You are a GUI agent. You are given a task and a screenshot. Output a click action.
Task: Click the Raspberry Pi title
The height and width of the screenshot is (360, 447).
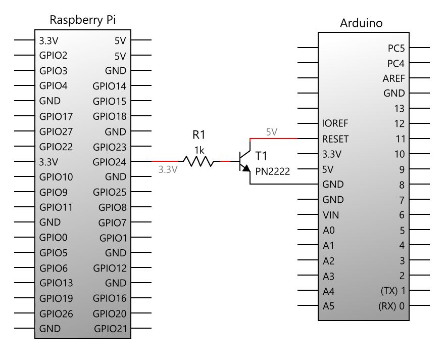(x=83, y=20)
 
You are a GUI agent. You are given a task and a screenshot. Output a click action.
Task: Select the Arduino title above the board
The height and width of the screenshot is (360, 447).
(x=361, y=23)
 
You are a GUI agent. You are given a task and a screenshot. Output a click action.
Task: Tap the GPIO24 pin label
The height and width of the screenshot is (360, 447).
(x=110, y=162)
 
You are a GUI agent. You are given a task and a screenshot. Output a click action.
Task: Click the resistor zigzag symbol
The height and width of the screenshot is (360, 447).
(x=198, y=162)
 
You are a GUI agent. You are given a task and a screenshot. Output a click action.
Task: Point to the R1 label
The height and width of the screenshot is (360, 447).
(x=199, y=135)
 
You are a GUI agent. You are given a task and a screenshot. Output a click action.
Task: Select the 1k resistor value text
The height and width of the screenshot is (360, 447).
(x=200, y=150)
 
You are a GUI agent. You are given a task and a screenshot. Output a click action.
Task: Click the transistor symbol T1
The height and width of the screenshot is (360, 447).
(x=245, y=162)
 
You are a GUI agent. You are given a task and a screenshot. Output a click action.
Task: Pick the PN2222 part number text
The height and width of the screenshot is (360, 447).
(x=272, y=171)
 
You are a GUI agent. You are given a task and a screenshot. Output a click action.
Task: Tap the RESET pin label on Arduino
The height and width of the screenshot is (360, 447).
(x=335, y=139)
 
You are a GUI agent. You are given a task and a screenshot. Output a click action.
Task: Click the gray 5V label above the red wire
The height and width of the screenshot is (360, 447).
(x=272, y=132)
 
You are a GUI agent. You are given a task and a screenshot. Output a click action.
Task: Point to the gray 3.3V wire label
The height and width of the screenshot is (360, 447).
(x=168, y=170)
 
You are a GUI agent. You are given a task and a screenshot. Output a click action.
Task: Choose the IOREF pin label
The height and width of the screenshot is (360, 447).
(x=335, y=123)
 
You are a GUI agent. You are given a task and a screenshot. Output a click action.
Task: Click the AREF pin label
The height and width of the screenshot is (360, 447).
(x=393, y=78)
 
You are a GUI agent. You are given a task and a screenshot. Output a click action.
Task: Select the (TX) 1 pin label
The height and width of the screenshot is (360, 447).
(x=391, y=291)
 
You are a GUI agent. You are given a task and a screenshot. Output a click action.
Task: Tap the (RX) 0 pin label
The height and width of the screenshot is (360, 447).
(x=391, y=306)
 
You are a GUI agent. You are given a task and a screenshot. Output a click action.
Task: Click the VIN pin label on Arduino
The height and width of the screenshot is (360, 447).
(x=331, y=215)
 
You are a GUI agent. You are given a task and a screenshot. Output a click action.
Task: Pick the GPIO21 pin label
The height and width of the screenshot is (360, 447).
(x=110, y=329)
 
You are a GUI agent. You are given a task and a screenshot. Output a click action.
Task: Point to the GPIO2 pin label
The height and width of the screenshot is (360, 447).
(x=53, y=55)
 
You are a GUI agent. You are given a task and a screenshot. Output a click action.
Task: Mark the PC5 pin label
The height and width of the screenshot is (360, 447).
(x=396, y=49)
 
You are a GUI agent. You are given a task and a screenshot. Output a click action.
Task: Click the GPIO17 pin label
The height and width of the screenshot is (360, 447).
(x=56, y=116)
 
